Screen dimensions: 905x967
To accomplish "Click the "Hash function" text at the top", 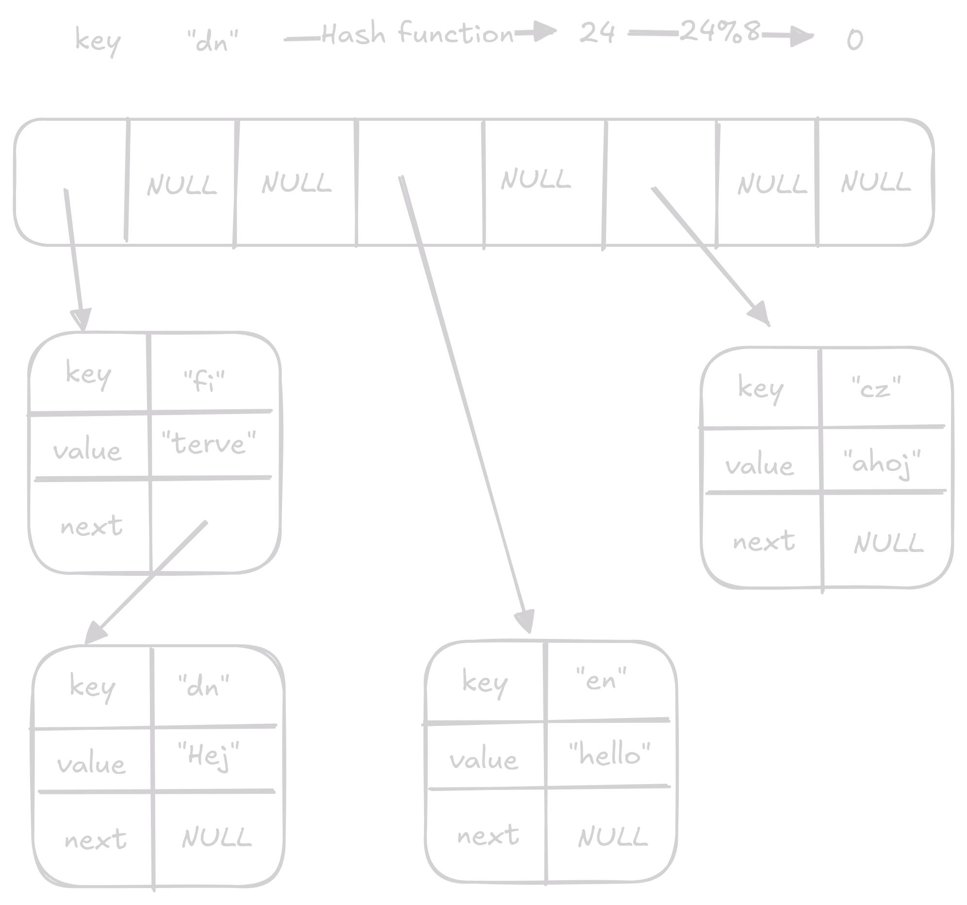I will [x=417, y=34].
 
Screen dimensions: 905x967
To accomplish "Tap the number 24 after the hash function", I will [x=597, y=34].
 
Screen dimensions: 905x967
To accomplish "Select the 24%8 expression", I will [x=720, y=32].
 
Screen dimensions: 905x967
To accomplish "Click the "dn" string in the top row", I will [x=213, y=41].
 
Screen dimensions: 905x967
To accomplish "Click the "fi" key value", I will [x=204, y=381].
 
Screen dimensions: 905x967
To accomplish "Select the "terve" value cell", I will [x=209, y=443].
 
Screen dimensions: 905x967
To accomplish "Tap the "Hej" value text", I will [x=209, y=756].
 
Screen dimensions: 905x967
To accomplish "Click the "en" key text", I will [x=601, y=679].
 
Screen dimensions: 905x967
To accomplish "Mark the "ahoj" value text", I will [x=883, y=463].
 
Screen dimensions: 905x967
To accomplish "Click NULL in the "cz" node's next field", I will [x=888, y=543].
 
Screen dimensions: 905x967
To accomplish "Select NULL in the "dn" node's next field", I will [x=217, y=838].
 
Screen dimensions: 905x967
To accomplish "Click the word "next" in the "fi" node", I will [x=91, y=526].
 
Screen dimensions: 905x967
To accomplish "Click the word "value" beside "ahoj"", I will [x=759, y=466].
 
